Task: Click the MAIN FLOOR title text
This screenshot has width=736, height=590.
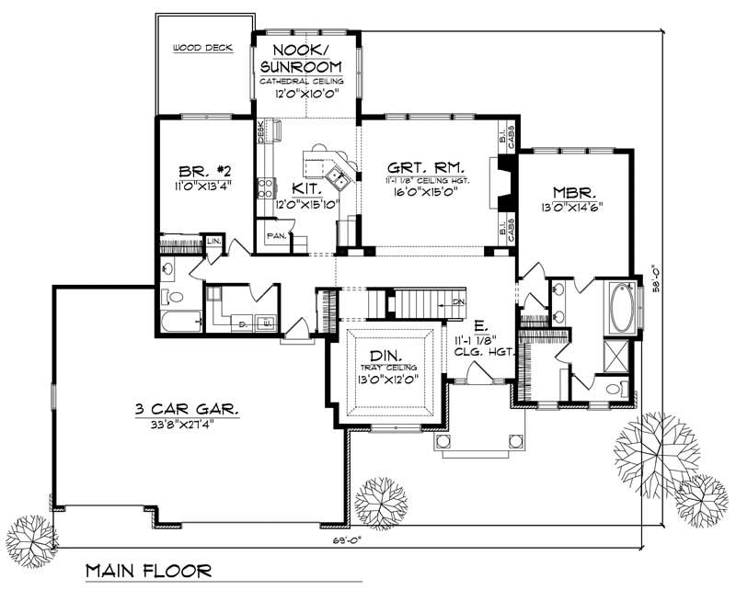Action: (x=149, y=571)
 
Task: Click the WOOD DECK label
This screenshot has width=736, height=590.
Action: (x=202, y=47)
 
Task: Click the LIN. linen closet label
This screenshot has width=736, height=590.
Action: (x=213, y=241)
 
